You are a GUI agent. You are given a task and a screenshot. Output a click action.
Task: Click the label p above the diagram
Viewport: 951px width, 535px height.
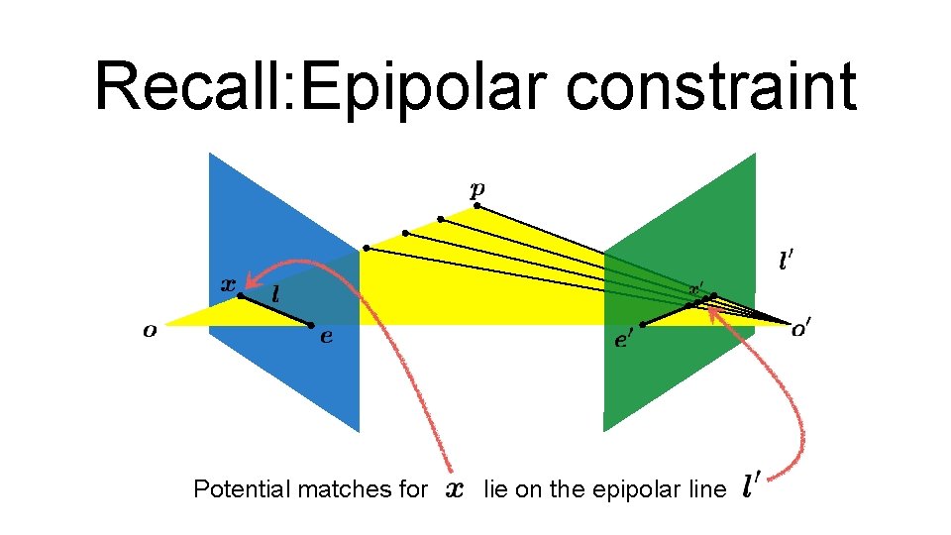coord(477,188)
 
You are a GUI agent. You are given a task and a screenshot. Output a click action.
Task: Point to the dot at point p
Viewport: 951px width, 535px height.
coord(476,206)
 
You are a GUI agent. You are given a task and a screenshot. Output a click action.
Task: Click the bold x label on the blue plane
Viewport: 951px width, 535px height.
coord(227,282)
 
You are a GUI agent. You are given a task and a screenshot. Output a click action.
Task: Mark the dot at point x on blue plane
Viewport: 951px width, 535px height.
coord(240,295)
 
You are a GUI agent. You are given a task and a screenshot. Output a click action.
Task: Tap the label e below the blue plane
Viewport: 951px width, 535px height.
coord(326,337)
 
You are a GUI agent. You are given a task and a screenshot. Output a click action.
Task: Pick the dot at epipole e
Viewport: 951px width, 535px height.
coord(310,325)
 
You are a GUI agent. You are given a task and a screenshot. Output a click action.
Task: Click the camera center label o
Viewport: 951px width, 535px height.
coord(150,331)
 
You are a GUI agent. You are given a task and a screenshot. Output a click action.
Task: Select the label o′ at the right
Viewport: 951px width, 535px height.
coord(800,331)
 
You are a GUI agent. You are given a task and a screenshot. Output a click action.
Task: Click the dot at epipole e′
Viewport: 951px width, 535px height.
coord(643,325)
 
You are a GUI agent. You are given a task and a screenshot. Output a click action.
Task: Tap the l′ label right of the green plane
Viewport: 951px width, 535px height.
coord(786,262)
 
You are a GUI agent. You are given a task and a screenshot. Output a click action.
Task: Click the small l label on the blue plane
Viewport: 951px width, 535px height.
coord(274,294)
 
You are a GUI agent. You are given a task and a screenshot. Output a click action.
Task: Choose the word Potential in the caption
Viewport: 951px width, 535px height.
coord(241,488)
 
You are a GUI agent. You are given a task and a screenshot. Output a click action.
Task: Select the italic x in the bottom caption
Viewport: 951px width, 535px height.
coord(454,489)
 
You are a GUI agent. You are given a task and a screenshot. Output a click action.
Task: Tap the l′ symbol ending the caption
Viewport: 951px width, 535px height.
coord(751,485)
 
